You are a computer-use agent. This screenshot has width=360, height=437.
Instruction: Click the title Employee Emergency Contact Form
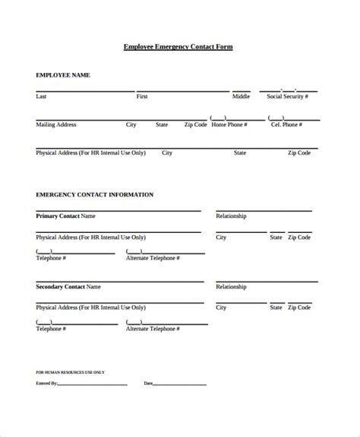[178, 47]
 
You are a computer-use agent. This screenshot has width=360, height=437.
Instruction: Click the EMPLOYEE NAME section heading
[64, 75]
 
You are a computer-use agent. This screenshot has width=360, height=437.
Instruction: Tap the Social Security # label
[289, 97]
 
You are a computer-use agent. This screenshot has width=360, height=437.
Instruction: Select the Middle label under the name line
[241, 97]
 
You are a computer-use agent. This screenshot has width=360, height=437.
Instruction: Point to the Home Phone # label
[229, 124]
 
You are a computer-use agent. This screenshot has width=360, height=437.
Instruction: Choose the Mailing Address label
[56, 124]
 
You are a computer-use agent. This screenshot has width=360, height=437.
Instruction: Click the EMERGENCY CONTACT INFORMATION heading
[94, 195]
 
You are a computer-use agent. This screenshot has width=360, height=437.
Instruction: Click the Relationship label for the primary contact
[232, 216]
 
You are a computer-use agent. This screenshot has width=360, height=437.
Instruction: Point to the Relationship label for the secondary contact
[232, 287]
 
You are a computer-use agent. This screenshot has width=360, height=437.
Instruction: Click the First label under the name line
[142, 97]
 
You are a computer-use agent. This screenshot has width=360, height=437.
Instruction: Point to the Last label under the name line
[41, 97]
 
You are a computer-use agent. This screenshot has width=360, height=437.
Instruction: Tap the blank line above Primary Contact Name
[118, 211]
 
